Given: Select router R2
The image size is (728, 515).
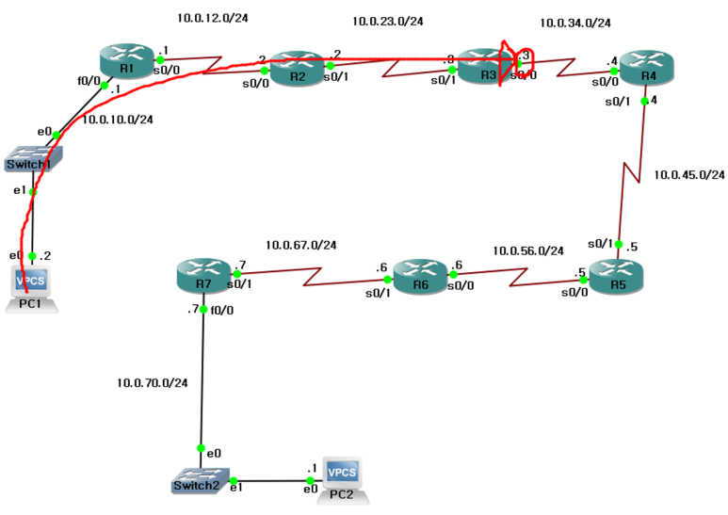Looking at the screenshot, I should tap(296, 69).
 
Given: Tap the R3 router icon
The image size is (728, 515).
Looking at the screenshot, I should tap(485, 67).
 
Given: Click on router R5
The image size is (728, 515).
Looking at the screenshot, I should tap(617, 272).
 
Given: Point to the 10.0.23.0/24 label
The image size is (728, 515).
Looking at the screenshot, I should tap(388, 21).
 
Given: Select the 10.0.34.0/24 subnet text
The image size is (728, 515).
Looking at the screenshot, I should tap(575, 24).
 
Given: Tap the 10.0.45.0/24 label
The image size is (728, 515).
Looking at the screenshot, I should tap(689, 175).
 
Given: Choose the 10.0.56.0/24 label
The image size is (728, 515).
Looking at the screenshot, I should tap(528, 251).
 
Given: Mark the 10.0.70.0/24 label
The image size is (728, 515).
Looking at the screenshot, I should tap(153, 383).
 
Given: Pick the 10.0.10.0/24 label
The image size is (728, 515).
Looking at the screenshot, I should tap(118, 120).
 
